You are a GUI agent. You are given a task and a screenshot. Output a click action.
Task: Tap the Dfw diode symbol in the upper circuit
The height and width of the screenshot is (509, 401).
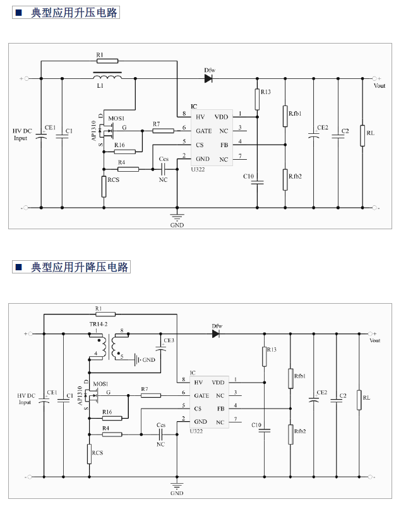click(x=209, y=79)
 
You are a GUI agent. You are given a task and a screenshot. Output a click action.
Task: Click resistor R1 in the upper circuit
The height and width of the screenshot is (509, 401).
click(x=108, y=61)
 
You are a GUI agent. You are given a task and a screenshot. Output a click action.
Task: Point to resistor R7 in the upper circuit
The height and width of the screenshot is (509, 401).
click(x=163, y=131)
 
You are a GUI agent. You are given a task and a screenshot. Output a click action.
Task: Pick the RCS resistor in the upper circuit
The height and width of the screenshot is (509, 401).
click(x=104, y=186)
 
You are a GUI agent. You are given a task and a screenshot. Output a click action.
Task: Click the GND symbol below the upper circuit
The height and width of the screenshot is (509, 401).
click(x=177, y=219)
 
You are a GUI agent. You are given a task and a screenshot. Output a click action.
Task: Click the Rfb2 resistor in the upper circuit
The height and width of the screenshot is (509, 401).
click(x=285, y=179)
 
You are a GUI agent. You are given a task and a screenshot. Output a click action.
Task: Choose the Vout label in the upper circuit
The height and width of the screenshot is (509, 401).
click(x=380, y=85)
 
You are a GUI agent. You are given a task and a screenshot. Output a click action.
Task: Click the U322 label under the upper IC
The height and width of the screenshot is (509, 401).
click(x=199, y=169)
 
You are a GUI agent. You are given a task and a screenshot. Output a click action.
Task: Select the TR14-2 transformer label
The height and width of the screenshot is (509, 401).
click(x=99, y=323)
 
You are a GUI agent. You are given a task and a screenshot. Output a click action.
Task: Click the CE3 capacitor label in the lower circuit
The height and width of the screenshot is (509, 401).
click(x=169, y=340)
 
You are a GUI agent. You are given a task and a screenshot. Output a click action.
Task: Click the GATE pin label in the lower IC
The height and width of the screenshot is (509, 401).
click(x=202, y=395)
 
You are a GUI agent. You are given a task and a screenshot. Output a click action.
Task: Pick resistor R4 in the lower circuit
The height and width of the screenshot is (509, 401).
click(x=113, y=434)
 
